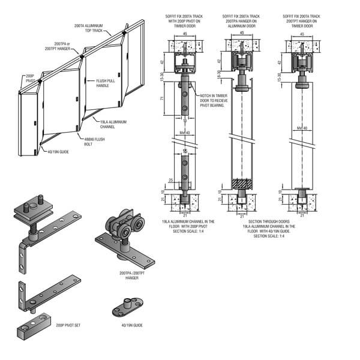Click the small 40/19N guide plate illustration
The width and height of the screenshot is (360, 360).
127,308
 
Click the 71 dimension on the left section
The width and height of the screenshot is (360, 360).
163,98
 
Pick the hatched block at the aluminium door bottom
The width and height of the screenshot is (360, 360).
243,184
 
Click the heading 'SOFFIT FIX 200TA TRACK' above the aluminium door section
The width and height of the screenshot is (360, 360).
242,17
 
